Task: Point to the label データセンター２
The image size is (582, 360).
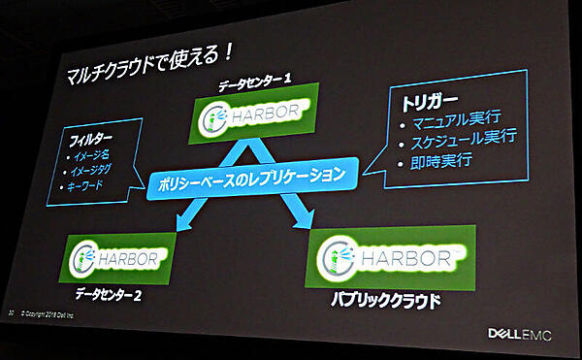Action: click(108, 292)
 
